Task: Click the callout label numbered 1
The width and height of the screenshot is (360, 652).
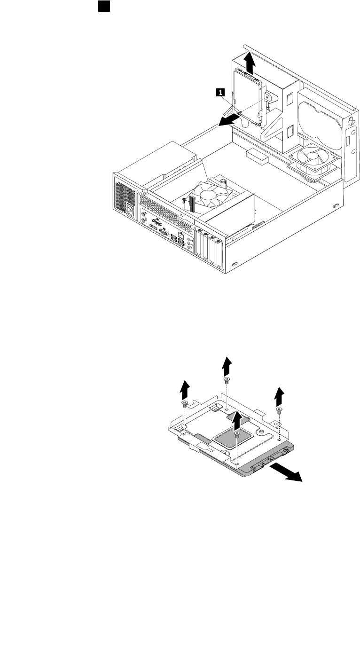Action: point(219,93)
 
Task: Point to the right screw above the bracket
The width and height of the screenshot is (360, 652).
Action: point(279,409)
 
